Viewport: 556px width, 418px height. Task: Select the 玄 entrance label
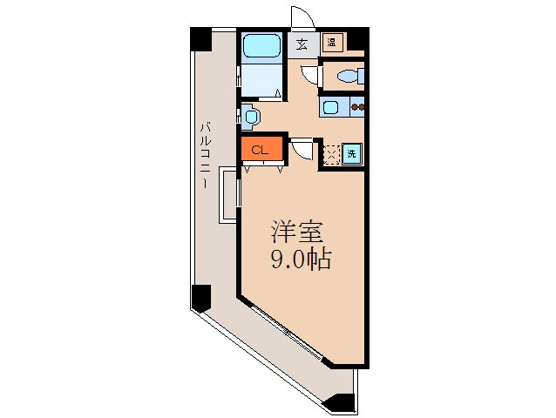click(302, 44)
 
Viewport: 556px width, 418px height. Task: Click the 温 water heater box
click(332, 42)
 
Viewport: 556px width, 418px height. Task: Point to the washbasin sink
click(250, 115)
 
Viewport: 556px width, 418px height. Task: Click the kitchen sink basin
click(332, 108)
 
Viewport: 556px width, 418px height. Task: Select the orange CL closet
click(261, 149)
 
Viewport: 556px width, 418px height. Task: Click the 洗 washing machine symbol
click(351, 154)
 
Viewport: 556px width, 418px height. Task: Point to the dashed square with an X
click(330, 154)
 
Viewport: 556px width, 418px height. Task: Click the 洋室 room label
click(297, 233)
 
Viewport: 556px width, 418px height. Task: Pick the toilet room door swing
click(309, 73)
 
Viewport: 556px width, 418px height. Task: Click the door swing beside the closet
click(302, 149)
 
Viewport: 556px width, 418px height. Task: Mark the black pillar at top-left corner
click(200, 40)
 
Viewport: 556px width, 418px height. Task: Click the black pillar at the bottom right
click(342, 401)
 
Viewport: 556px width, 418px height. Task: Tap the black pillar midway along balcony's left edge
click(200, 299)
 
